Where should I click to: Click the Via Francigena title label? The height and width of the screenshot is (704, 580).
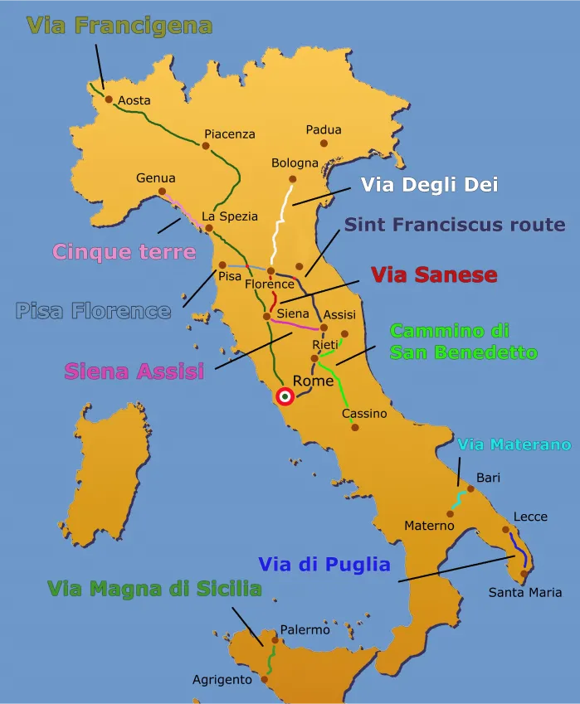[x=119, y=26]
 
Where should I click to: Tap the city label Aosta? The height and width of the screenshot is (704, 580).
[x=134, y=100]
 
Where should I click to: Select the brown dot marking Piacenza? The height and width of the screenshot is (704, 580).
[x=206, y=146]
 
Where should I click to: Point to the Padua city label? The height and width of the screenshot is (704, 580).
[x=324, y=129]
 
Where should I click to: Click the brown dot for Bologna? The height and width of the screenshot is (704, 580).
[x=292, y=178]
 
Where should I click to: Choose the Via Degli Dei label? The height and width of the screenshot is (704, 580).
[x=429, y=185]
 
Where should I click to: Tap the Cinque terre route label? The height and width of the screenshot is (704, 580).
[x=124, y=251]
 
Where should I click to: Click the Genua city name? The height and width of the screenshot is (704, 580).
[x=156, y=177]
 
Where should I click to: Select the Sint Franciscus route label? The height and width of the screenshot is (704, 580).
[x=455, y=225]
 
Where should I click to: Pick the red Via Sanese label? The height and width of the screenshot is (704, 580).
[x=434, y=274]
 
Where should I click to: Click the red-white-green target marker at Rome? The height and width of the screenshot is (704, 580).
[x=285, y=397]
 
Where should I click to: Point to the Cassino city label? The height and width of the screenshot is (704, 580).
[x=364, y=413]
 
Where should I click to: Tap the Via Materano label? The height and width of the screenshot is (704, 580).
[x=514, y=444]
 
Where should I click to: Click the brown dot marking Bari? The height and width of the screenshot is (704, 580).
[x=467, y=491]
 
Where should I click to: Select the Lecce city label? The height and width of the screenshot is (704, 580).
[x=530, y=517]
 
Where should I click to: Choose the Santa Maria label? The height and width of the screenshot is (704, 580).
[x=524, y=592]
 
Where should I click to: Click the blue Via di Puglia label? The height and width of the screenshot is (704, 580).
[x=324, y=565]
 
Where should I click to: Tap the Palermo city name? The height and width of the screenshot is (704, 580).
[x=305, y=630]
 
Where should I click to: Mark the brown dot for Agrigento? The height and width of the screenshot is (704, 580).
[x=265, y=680]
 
